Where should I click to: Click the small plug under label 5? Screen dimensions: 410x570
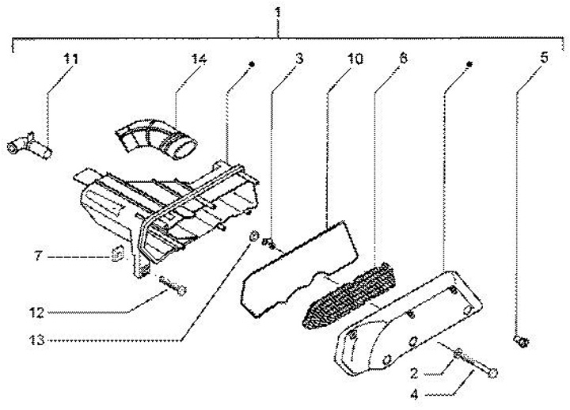[520, 342]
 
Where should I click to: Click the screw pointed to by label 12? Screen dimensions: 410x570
[172, 286]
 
